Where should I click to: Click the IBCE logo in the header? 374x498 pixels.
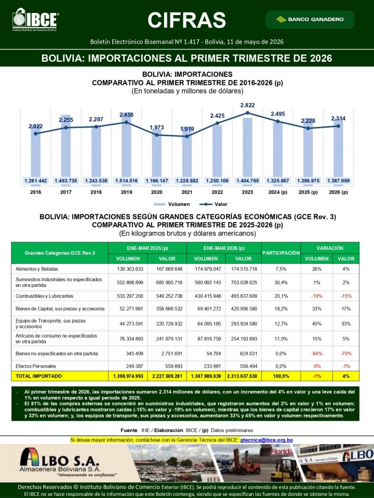click(35, 20)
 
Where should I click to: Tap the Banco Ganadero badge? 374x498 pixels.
click(310, 19)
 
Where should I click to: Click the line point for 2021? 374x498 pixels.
click(187, 136)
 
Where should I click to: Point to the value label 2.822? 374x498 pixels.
click(247, 105)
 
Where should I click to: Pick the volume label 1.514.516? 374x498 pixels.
click(127, 181)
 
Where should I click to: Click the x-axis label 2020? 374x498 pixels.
click(157, 192)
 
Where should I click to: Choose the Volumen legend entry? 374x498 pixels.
click(172, 204)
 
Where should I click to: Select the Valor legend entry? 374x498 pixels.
click(213, 204)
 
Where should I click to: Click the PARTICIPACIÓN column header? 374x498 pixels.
click(281, 253)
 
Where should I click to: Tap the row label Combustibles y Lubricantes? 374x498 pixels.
click(45, 296)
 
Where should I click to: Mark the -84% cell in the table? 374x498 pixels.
click(317, 353)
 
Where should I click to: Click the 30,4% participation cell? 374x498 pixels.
click(281, 282)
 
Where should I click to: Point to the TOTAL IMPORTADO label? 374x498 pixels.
click(38, 376)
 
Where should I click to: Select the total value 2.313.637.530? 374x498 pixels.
click(243, 376)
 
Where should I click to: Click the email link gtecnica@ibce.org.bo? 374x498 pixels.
click(266, 440)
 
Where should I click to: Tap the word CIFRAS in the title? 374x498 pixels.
click(186, 20)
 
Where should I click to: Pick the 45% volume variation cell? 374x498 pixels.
click(317, 324)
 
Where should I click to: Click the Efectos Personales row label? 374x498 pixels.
click(36, 366)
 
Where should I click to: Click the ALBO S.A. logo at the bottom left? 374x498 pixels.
click(60, 462)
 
